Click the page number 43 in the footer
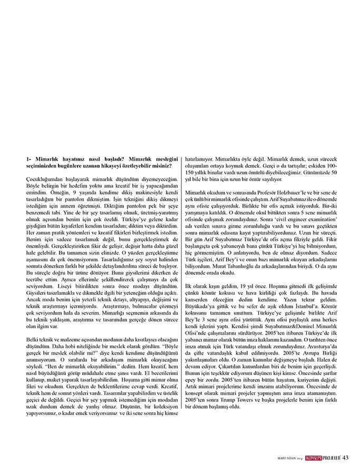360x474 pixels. pyautogui.click(x=346, y=457)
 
